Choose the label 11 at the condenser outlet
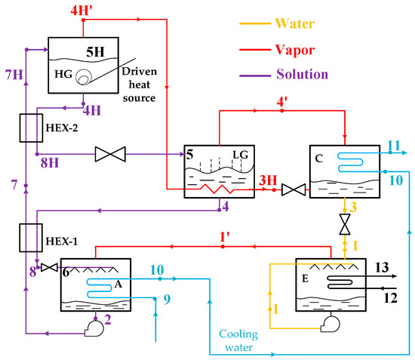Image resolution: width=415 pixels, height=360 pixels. (x=394, y=146)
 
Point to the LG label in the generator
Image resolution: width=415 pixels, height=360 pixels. (x=240, y=155)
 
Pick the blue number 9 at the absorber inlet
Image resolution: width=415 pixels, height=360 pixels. (x=168, y=300)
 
